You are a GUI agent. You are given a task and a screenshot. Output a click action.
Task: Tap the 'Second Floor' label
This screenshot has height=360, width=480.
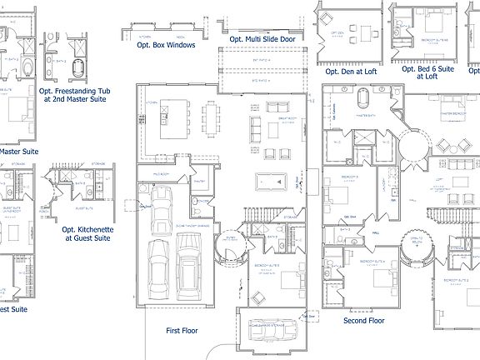click(x=364, y=320)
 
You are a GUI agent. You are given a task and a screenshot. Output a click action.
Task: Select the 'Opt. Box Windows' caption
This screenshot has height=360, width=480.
click(x=166, y=46)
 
